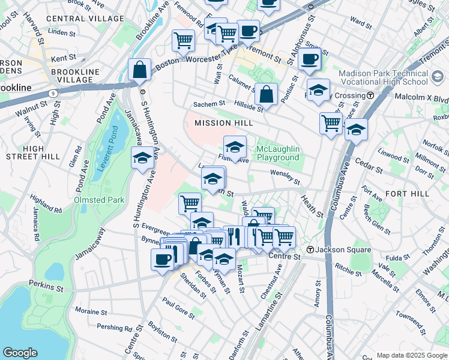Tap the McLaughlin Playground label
(277, 153)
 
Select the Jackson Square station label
(336, 250)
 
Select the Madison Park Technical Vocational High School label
(392, 77)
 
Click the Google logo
(20, 352)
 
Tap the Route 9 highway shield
(54, 93)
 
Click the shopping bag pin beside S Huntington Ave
(139, 69)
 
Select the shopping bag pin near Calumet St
(266, 94)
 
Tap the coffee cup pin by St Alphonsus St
(310, 59)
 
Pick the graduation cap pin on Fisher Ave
(235, 146)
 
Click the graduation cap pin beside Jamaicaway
(142, 158)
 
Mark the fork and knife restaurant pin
(234, 236)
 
